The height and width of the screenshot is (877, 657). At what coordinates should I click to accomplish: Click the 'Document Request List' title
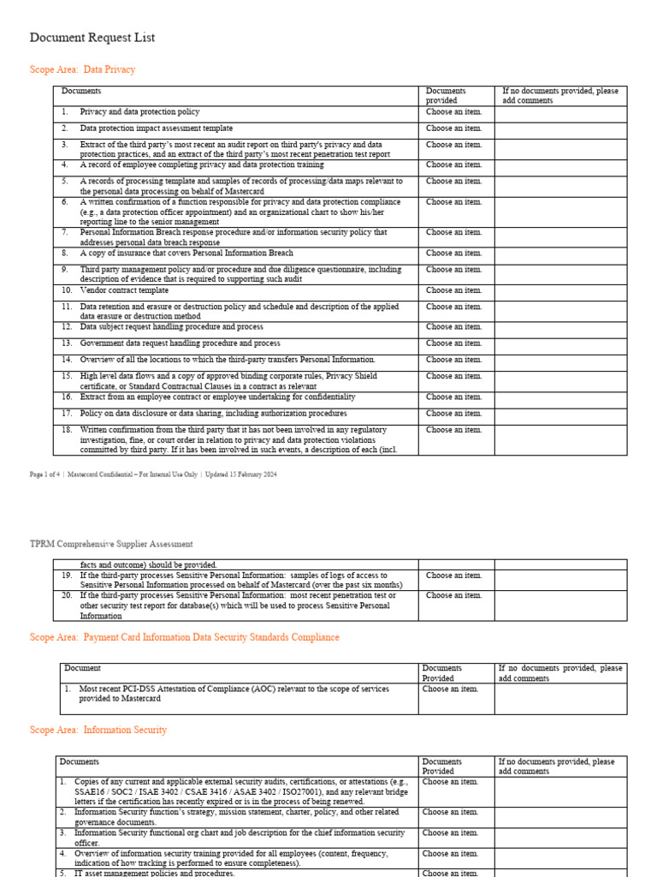click(x=92, y=39)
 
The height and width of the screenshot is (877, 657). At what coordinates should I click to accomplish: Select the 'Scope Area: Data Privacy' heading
click(x=82, y=69)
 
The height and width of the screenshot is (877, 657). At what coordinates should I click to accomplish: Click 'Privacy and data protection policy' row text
click(x=139, y=112)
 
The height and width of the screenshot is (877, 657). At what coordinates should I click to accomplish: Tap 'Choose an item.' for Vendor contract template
click(x=453, y=290)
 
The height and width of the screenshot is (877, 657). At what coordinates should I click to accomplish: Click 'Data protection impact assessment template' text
click(x=156, y=128)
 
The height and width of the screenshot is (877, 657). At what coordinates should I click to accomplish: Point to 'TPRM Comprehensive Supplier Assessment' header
click(x=111, y=544)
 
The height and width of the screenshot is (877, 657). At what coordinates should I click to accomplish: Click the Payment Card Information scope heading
click(x=184, y=637)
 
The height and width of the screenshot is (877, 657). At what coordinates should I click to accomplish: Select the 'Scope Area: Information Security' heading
click(x=98, y=731)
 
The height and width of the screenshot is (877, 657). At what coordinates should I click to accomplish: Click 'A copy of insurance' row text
click(x=186, y=254)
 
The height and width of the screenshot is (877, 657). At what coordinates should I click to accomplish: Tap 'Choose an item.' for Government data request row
click(x=453, y=343)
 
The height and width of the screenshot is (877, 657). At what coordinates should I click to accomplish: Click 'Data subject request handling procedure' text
click(x=171, y=327)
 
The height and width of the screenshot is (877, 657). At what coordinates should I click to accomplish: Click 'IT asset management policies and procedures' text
click(x=154, y=873)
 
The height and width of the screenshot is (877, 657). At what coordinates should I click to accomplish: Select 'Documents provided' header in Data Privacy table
click(x=446, y=95)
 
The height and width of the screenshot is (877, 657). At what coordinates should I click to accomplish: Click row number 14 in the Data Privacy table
click(x=67, y=360)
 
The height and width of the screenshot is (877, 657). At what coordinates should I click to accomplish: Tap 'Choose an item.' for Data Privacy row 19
click(x=453, y=576)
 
